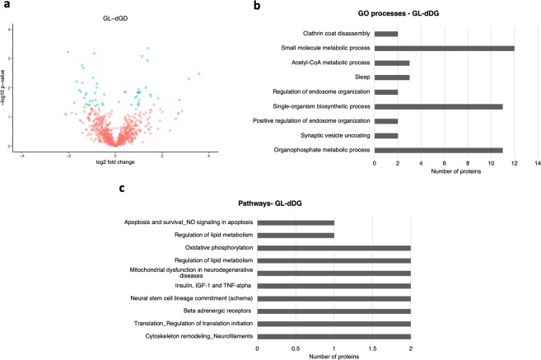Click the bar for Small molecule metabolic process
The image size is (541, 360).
[x=444, y=49]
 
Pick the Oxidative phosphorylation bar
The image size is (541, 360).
[x=333, y=247]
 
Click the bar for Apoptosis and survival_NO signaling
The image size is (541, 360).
[x=296, y=222]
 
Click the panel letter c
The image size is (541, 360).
[x=124, y=189]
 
